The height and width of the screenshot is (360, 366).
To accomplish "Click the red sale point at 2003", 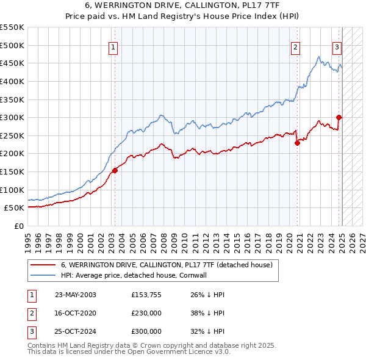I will tap(115, 170).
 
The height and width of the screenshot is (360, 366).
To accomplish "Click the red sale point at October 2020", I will tap(297, 143).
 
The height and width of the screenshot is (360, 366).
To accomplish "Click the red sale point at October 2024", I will tap(339, 117).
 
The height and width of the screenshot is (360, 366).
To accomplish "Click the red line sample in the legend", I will tap(42, 265).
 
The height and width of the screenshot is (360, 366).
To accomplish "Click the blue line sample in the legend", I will tap(42, 275).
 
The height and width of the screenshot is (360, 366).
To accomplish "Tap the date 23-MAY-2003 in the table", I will tap(76, 295).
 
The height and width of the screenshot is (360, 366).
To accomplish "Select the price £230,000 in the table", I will tap(146, 313).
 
